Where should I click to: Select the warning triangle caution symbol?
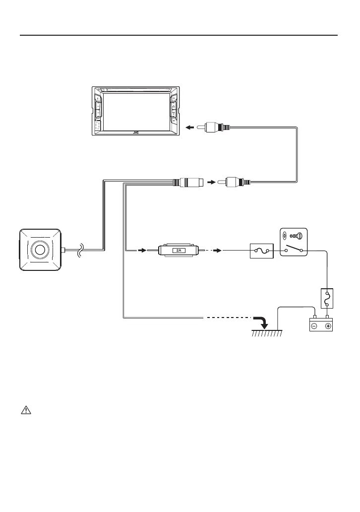tap(25, 411)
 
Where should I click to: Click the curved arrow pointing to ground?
tap(260, 321)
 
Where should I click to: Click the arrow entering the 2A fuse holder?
tap(142, 251)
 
